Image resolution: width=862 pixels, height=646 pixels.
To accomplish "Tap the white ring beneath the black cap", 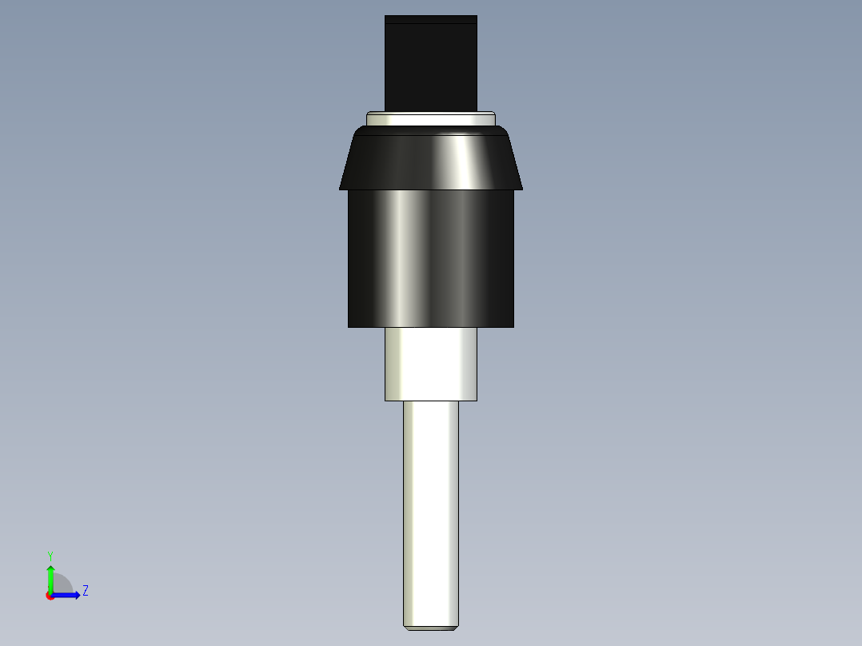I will click(x=431, y=118).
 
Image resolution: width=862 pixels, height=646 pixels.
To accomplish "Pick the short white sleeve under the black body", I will click(x=431, y=364).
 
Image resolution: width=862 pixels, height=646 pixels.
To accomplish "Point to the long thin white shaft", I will click(x=431, y=512).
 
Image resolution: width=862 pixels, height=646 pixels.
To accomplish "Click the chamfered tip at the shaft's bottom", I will click(x=431, y=628).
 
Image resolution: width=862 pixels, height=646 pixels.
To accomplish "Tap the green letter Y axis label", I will click(x=50, y=555).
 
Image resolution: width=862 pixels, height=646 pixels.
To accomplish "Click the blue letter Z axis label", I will click(x=85, y=591).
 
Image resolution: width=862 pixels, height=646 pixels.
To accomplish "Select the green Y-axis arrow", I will click(x=50, y=577).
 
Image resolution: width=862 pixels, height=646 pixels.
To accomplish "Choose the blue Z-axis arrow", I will click(x=68, y=595).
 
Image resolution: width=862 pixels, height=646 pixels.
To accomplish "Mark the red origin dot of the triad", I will click(x=50, y=596).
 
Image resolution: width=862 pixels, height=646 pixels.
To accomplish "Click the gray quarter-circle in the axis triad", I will click(x=62, y=584).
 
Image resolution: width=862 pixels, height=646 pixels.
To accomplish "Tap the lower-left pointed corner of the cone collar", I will click(x=341, y=189).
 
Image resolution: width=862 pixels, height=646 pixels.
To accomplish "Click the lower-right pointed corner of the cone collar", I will click(x=521, y=189).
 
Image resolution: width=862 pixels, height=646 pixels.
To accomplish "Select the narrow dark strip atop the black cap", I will click(x=431, y=19).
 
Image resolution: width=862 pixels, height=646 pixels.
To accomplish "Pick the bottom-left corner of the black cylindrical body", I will click(x=349, y=325).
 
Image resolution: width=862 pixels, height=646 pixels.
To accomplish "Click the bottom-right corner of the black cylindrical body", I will click(x=513, y=325).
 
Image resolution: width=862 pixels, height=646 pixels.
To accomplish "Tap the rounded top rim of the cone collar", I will click(x=431, y=130).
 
